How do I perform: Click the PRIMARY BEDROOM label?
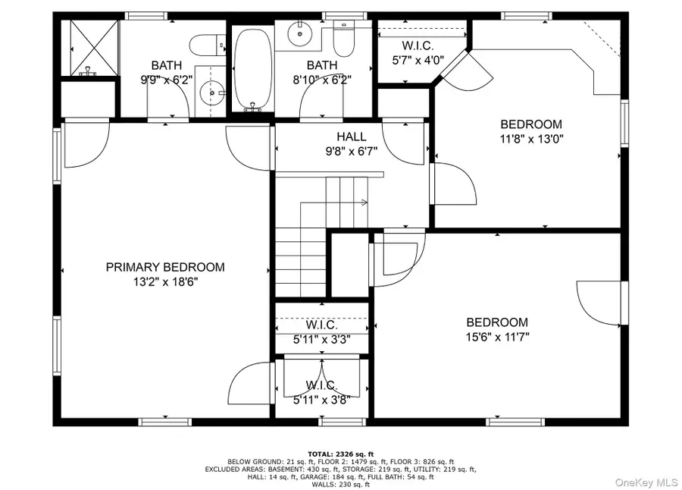pos(165,267)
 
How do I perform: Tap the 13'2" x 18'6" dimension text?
pos(165,281)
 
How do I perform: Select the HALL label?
pos(352,137)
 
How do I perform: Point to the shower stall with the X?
pos(94,47)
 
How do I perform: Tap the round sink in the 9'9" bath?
pos(208,94)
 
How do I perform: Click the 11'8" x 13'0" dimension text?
pos(531,139)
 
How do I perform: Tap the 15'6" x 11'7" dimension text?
pos(497,337)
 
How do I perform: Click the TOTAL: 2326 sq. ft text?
pos(341,453)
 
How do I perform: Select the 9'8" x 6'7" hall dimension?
pos(352,151)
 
